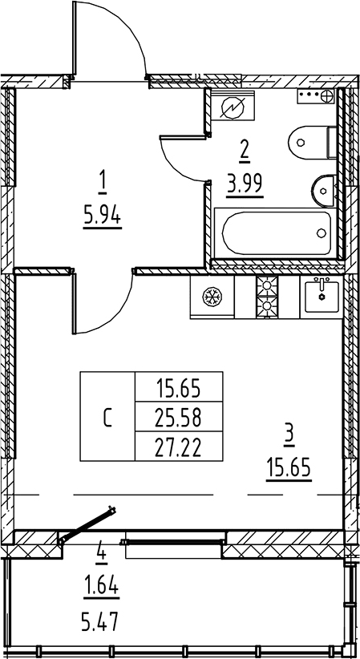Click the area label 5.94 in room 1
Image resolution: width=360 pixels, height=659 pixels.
(x=103, y=218)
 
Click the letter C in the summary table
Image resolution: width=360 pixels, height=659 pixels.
(x=107, y=418)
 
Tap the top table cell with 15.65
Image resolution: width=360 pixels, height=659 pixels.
(x=179, y=387)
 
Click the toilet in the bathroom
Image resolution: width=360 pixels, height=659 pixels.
(x=312, y=142)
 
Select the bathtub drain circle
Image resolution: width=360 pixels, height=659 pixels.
(x=322, y=232)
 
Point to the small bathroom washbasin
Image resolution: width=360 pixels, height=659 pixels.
(x=323, y=192)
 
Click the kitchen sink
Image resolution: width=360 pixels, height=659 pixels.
(x=322, y=297)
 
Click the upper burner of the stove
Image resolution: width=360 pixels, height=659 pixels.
(x=267, y=285)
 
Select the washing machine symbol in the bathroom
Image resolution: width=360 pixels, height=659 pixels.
(x=233, y=108)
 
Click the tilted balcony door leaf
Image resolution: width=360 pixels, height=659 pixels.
(x=87, y=524)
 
